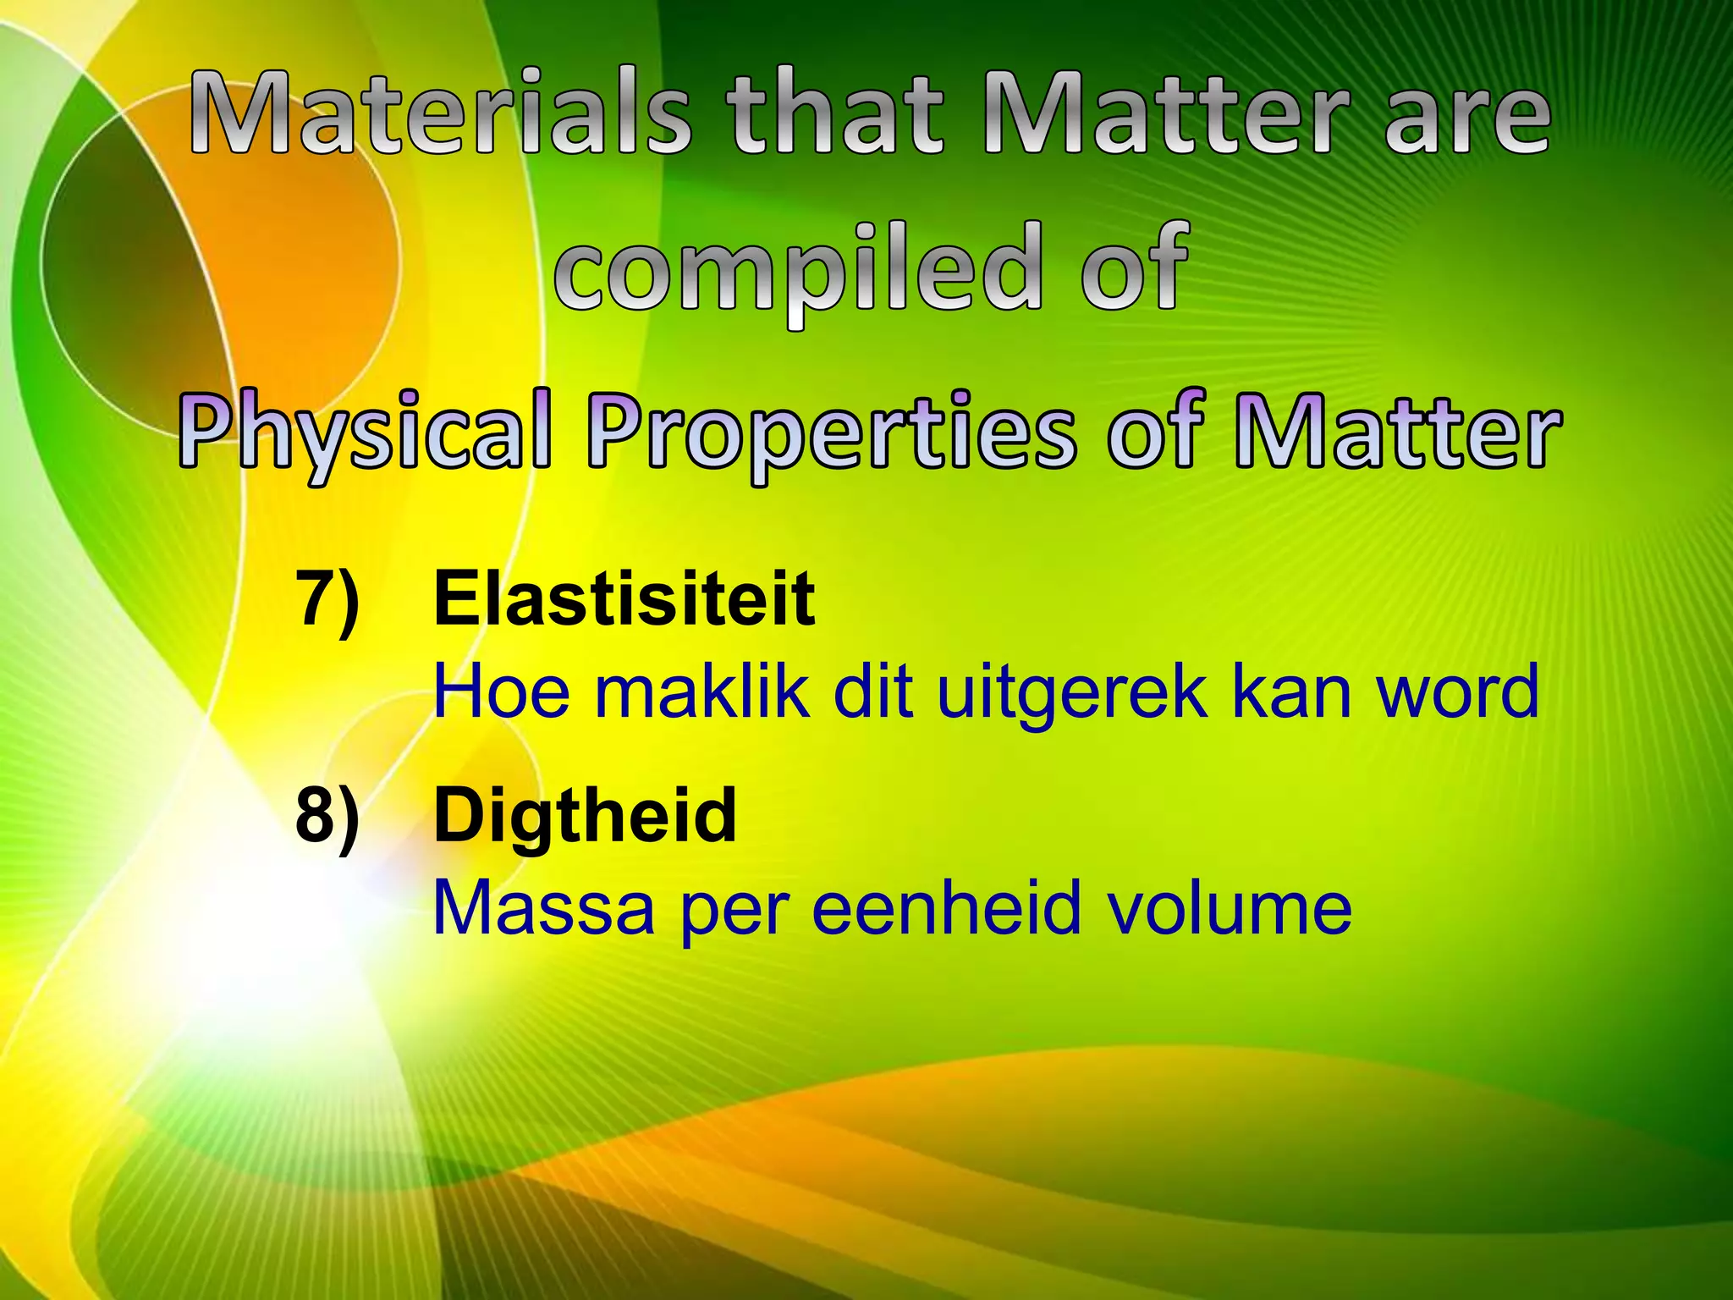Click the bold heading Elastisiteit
624,599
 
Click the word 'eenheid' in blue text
947,908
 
